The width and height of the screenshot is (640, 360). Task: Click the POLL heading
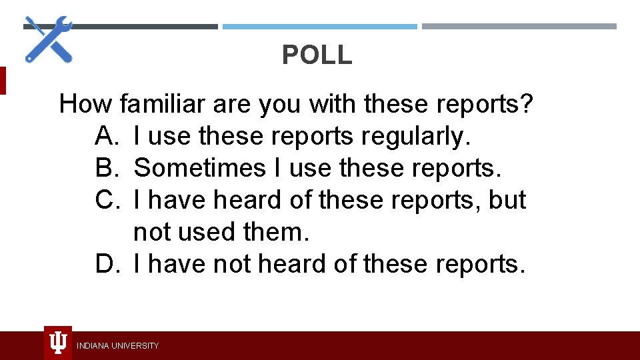[317, 55]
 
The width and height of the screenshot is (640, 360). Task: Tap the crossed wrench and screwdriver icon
[49, 39]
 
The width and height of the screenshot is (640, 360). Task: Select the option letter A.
[106, 137]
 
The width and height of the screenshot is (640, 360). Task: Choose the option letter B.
[106, 169]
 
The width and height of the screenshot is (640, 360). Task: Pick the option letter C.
[107, 200]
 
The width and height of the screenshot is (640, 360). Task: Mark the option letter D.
[107, 264]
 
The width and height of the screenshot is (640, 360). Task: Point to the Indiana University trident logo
[58, 343]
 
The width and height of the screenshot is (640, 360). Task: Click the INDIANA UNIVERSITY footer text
[118, 345]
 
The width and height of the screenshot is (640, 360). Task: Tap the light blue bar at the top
[319, 27]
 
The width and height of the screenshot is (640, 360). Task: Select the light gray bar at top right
[519, 27]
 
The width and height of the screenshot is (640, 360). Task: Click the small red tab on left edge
[3, 80]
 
